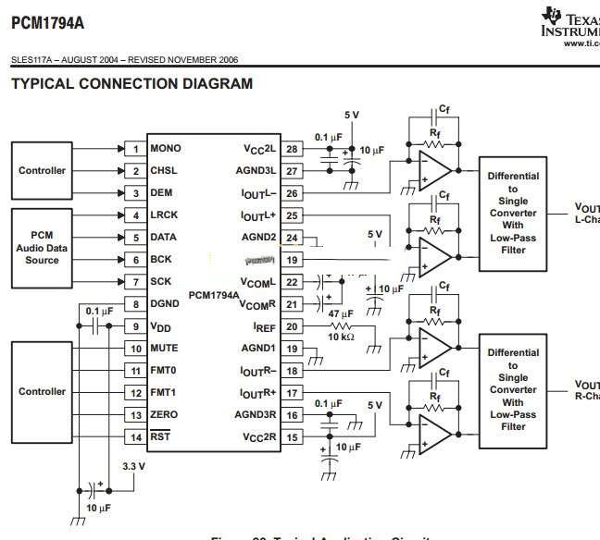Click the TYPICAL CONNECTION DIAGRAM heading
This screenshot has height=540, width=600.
point(131,84)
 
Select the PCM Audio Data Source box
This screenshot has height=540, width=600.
point(43,248)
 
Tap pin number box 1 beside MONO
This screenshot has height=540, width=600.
point(135,149)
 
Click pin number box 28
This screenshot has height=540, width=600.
point(293,149)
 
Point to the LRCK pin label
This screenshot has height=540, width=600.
point(165,215)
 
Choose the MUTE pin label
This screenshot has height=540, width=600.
point(165,349)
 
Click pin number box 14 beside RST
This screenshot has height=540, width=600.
point(135,437)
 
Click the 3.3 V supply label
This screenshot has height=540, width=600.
point(134,466)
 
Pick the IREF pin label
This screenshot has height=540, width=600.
point(264,326)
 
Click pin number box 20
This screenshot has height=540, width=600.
point(293,326)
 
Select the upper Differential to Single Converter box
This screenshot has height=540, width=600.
point(513,213)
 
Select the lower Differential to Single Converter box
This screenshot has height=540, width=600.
point(513,389)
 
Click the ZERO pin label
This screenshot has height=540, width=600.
point(164,415)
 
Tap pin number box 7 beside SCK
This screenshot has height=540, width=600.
point(135,282)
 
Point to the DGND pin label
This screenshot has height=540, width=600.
point(165,304)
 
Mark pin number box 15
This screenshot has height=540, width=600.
point(293,437)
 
